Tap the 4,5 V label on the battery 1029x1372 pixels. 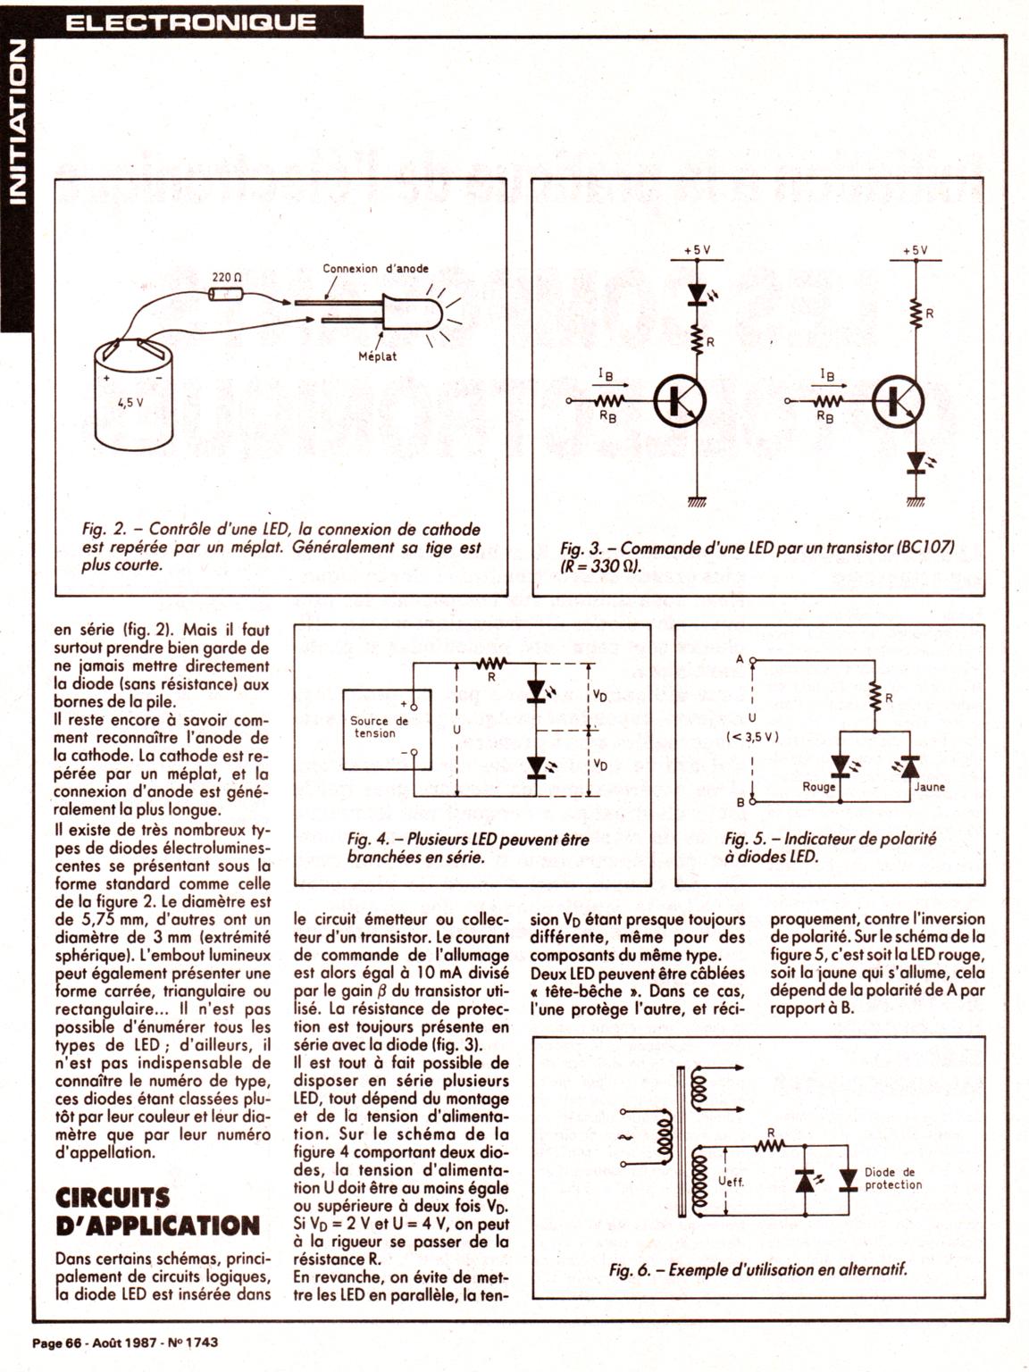130,402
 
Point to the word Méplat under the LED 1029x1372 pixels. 377,356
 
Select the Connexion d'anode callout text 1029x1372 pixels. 375,268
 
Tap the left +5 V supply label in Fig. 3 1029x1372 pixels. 697,251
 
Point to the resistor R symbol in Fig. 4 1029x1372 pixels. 492,664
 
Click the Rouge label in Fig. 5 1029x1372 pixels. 818,787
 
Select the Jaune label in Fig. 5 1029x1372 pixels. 929,787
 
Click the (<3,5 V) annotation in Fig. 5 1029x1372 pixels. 753,737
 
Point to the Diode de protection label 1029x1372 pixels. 892,1178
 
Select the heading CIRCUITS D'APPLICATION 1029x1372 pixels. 157,1211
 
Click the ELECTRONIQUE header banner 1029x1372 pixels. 190,21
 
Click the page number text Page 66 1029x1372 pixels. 56,1342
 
